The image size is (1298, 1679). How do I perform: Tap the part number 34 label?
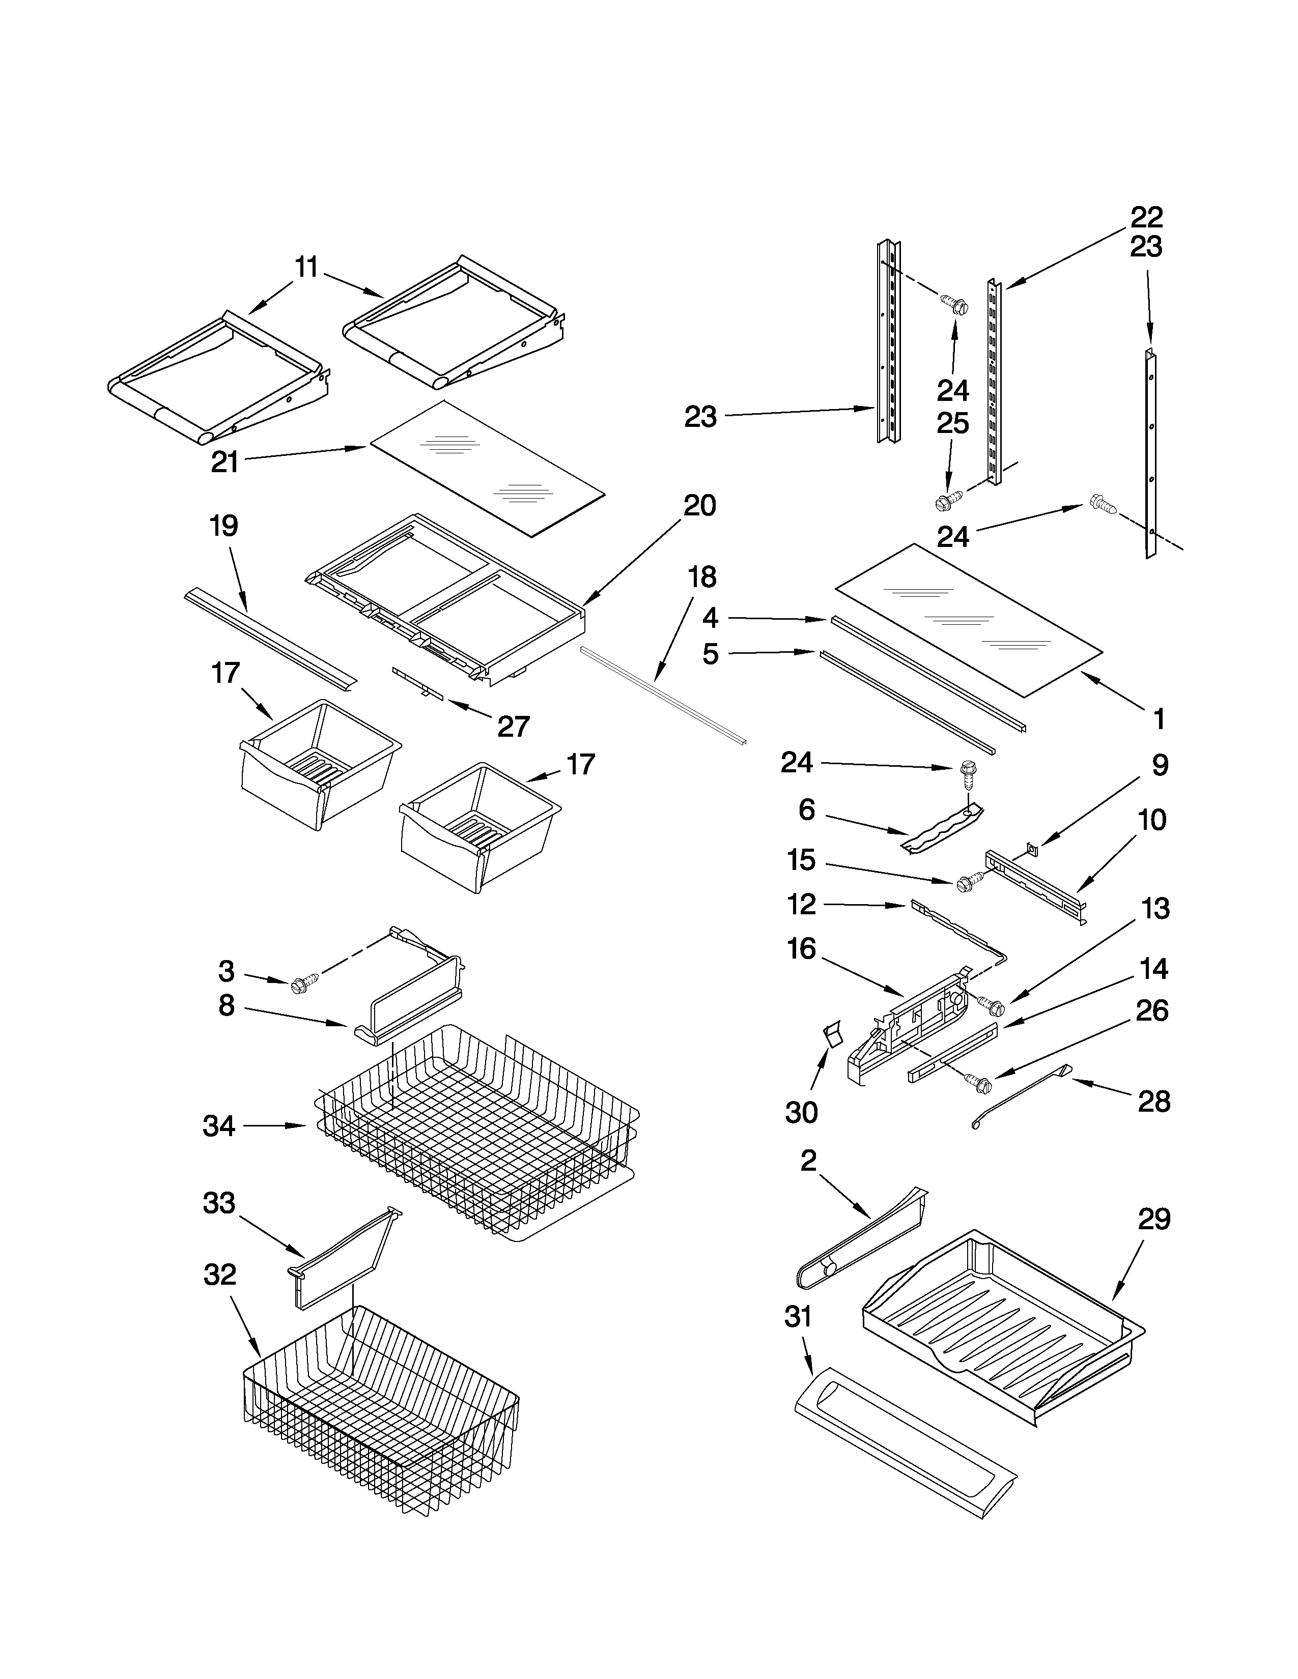219,1126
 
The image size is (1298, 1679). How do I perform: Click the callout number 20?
700,505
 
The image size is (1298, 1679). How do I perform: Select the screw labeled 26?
980,1085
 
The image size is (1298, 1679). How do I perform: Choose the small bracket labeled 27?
417,683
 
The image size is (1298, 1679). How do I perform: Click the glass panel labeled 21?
488,468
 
